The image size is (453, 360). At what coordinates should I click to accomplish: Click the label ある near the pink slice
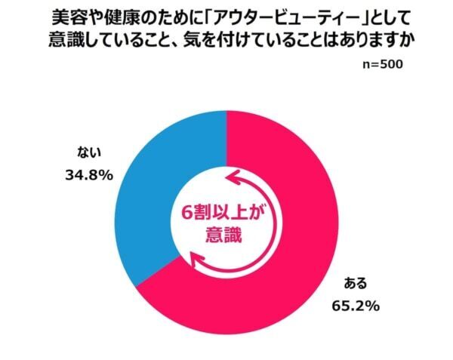[x=356, y=284]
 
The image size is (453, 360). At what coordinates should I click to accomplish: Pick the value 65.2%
[x=355, y=306]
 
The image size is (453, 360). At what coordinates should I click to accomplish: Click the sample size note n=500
[x=383, y=64]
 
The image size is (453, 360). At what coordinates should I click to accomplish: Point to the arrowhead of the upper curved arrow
[x=231, y=178]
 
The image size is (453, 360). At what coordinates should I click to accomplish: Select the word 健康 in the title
[x=125, y=17]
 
